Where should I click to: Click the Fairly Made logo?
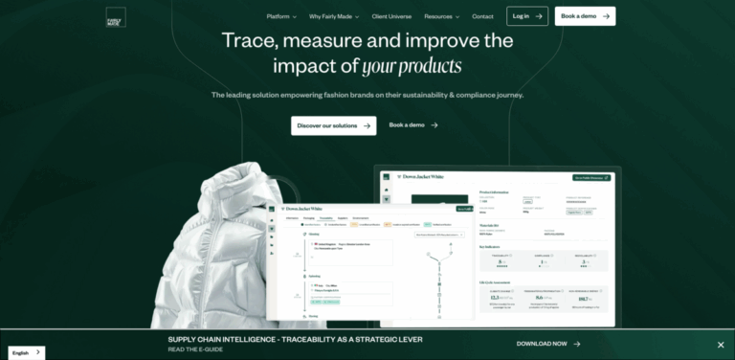click(116, 16)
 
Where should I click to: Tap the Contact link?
click(483, 16)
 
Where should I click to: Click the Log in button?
click(527, 16)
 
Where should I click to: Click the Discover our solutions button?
click(333, 125)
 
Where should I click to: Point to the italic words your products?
click(412, 67)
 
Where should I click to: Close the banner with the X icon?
click(721, 345)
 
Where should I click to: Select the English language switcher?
click(26, 352)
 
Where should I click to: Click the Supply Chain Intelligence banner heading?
click(295, 339)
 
